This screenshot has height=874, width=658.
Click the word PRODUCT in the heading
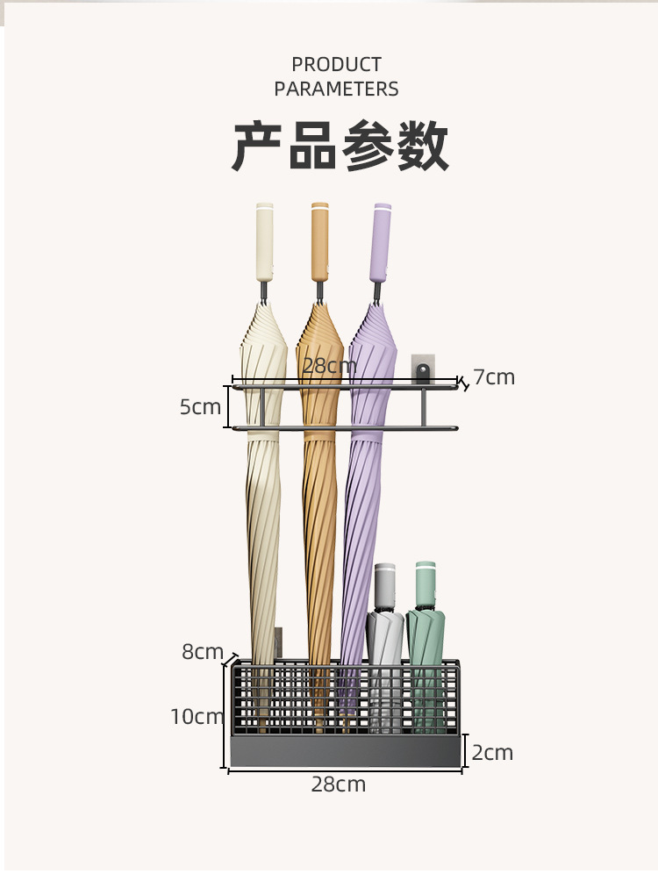point(336,65)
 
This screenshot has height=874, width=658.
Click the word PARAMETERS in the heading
point(336,89)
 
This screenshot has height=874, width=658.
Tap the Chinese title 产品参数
point(340,147)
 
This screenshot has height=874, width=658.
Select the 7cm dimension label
point(494,377)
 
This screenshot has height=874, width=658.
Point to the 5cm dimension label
point(200,407)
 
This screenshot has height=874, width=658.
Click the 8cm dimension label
point(203,652)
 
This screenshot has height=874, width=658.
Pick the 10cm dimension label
point(197,717)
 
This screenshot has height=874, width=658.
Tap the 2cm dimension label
point(492,753)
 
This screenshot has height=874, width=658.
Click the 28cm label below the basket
point(338,784)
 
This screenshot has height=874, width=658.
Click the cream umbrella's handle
point(264,242)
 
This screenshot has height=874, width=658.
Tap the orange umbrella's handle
point(319,242)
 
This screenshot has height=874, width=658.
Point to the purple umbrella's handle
point(382,242)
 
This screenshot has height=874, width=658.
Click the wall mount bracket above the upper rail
point(424,369)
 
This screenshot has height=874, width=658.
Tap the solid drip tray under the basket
point(346,751)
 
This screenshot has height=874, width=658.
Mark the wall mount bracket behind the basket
point(278,642)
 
